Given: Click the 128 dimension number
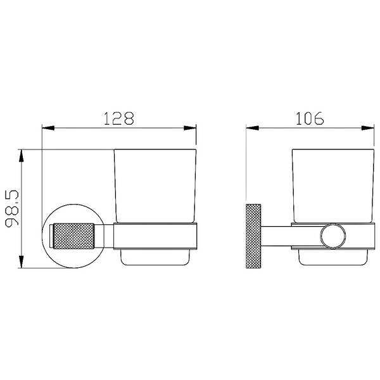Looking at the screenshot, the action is tap(119, 118).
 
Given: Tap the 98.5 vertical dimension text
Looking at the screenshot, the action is tap(11, 208).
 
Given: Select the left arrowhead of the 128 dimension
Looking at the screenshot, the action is tap(48, 128).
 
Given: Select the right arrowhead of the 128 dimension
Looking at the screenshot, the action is tap(190, 128).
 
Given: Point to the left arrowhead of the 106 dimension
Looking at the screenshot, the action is tap(252, 128).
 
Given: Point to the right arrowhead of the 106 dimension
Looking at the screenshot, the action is tap(368, 128).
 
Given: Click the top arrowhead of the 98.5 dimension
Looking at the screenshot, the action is tap(22, 156).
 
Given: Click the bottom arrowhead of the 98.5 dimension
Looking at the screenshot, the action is tap(22, 262).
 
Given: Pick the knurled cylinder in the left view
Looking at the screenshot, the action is tap(73, 236).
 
